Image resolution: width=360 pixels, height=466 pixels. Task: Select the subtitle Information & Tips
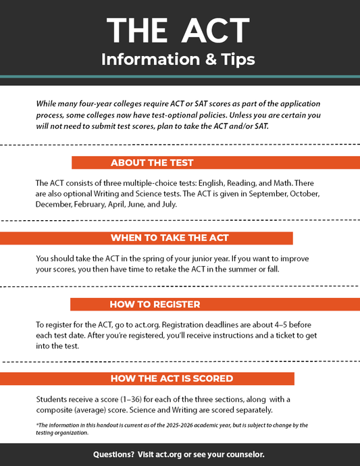click(178, 59)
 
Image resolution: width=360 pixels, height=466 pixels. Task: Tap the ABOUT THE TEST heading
click(152, 163)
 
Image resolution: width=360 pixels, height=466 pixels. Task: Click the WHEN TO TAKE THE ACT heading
click(170, 238)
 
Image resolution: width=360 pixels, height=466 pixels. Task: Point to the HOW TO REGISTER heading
click(155, 304)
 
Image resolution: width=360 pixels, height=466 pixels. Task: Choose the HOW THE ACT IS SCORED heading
click(172, 378)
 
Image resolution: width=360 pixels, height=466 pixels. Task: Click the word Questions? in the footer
click(114, 454)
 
